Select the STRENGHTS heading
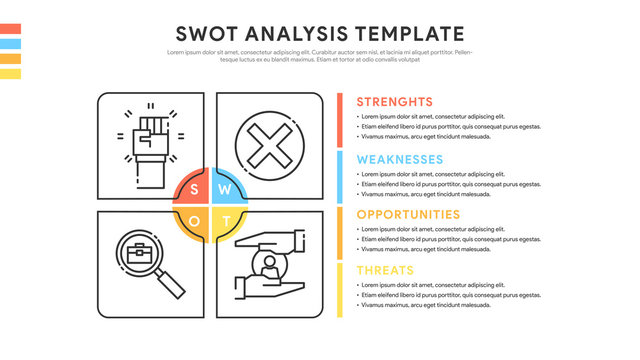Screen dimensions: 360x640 [x=394, y=102]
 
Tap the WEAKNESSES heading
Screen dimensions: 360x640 [x=400, y=159]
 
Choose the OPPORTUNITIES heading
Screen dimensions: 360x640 [x=408, y=215]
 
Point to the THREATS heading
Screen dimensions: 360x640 [x=386, y=271]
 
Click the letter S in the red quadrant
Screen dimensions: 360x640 [x=194, y=188]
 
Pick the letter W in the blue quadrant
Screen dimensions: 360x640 [x=226, y=188]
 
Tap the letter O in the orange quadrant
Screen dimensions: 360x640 [x=194, y=219]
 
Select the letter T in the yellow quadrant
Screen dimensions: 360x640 [x=226, y=219]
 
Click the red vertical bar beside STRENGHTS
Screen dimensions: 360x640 [x=340, y=119]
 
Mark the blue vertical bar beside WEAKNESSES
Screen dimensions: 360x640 [x=340, y=175]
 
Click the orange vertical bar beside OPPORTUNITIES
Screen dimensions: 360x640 [x=340, y=232]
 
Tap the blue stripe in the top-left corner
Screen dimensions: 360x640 [x=10, y=44]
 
